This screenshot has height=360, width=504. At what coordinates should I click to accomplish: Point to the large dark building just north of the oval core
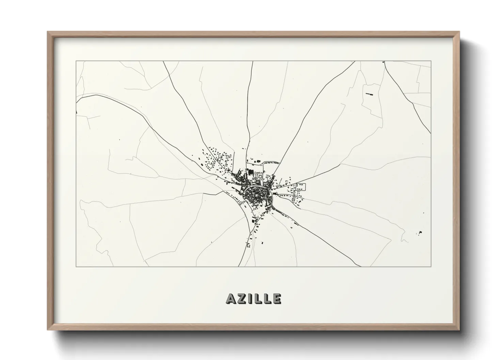tap(251, 173)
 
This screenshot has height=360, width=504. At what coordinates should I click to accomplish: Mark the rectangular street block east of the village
tap(301, 186)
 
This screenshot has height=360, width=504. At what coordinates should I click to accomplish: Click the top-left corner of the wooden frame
tap(48, 32)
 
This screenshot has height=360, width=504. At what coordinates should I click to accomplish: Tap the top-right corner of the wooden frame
tap(459, 32)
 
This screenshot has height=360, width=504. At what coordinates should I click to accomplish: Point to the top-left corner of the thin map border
tap(76, 61)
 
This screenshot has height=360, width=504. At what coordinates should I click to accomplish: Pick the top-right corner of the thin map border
tap(431, 61)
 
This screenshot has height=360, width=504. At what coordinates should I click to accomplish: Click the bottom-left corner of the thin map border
tap(76, 266)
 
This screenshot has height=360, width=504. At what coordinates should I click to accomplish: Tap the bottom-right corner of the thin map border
tap(431, 266)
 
